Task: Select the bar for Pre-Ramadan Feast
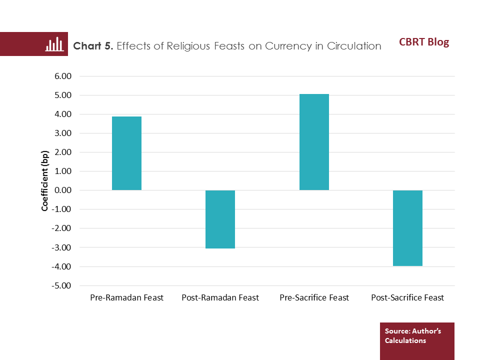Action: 126,153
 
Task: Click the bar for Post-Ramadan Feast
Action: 220,219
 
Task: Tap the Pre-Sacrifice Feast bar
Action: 314,142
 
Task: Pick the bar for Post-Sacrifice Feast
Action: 407,228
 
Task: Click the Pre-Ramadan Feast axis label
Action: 126,297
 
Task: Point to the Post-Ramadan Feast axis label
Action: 220,297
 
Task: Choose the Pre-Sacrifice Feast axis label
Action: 314,297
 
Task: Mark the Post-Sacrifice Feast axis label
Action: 407,297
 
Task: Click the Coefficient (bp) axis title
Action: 44,180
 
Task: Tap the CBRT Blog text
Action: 424,42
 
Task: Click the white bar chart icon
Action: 54,44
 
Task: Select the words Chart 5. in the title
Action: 93,46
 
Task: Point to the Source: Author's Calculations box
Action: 417,340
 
